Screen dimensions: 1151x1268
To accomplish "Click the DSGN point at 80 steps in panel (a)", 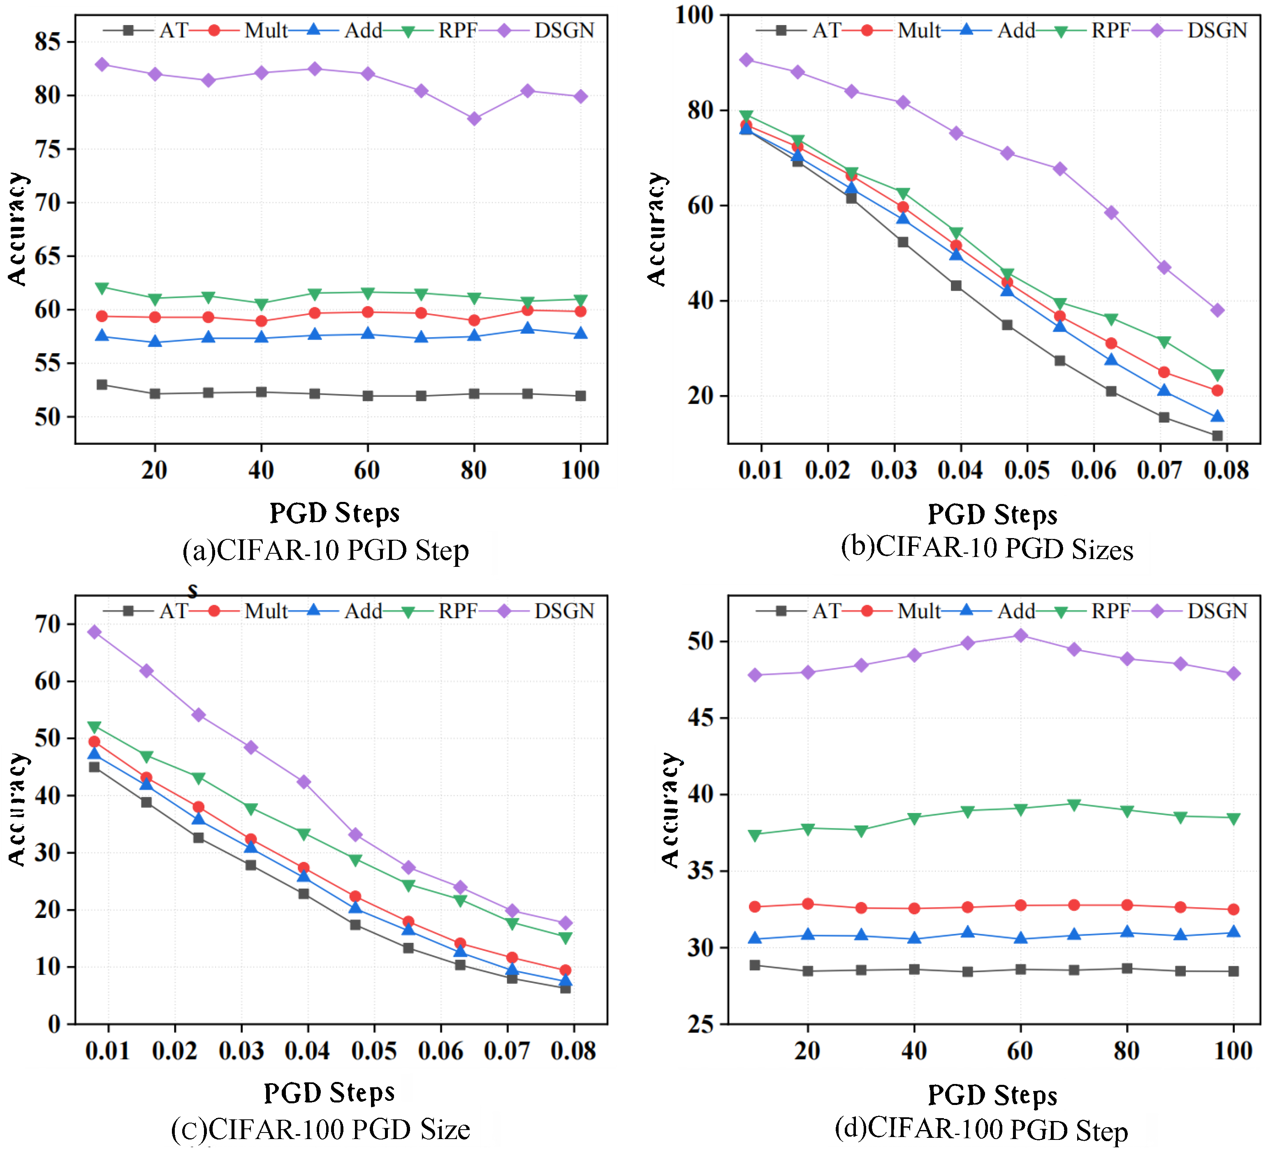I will [474, 119].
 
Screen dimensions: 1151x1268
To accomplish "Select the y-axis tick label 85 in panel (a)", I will [48, 42].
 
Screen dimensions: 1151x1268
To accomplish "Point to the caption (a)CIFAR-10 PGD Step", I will [325, 551].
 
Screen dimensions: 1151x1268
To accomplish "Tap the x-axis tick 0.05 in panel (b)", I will [1027, 470].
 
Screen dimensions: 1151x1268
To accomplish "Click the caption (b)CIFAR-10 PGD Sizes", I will [987, 548].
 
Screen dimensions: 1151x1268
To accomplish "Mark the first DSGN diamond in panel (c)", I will [94, 632].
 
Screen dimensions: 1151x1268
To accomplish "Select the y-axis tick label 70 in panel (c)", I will [48, 624].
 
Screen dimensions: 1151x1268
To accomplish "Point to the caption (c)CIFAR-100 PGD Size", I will [321, 1130].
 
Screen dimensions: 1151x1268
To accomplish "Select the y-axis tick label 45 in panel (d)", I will [701, 718].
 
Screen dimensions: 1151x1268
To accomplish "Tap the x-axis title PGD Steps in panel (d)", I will [992, 1095].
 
